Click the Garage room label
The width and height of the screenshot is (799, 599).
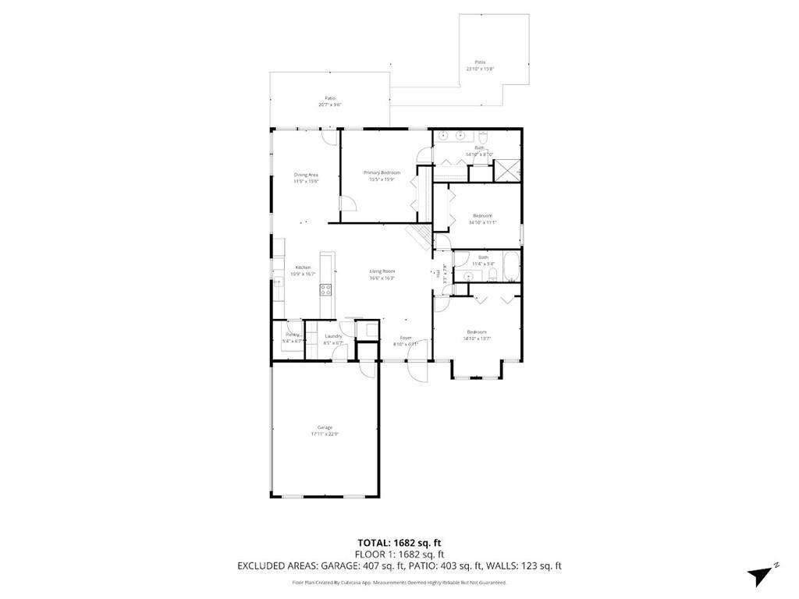tap(325, 427)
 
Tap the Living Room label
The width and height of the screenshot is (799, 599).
tap(382, 271)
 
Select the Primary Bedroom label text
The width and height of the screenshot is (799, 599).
tap(382, 172)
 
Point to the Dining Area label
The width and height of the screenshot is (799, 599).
tap(306, 175)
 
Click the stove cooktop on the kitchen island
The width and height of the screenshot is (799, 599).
tap(325, 289)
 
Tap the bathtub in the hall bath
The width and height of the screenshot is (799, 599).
tap(511, 267)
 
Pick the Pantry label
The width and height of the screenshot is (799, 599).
tap(293, 333)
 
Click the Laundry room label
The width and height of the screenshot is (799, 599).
tap(333, 336)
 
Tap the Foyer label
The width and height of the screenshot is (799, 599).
tap(406, 338)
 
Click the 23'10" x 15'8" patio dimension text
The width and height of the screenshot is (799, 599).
tap(481, 69)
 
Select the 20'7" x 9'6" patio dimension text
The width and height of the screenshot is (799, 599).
tap(330, 105)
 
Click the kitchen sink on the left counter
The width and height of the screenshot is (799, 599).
tap(278, 282)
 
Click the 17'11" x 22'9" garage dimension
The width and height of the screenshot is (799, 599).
tap(325, 434)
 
